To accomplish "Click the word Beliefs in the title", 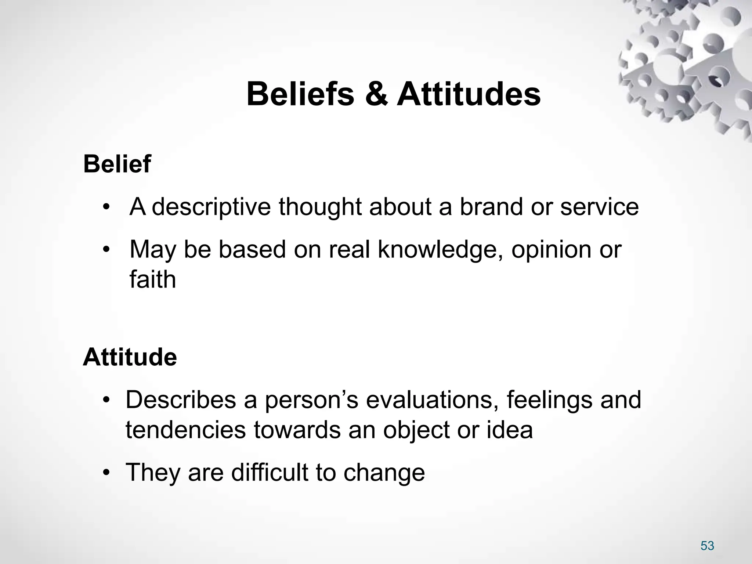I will click(x=300, y=94).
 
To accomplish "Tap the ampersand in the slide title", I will click(x=376, y=94).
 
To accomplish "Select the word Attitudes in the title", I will click(x=469, y=94).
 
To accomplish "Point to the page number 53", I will click(x=707, y=546).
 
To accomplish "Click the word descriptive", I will click(x=211, y=207).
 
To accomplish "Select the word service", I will click(x=599, y=207).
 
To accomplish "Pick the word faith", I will click(x=153, y=279).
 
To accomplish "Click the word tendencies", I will click(x=186, y=430).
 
